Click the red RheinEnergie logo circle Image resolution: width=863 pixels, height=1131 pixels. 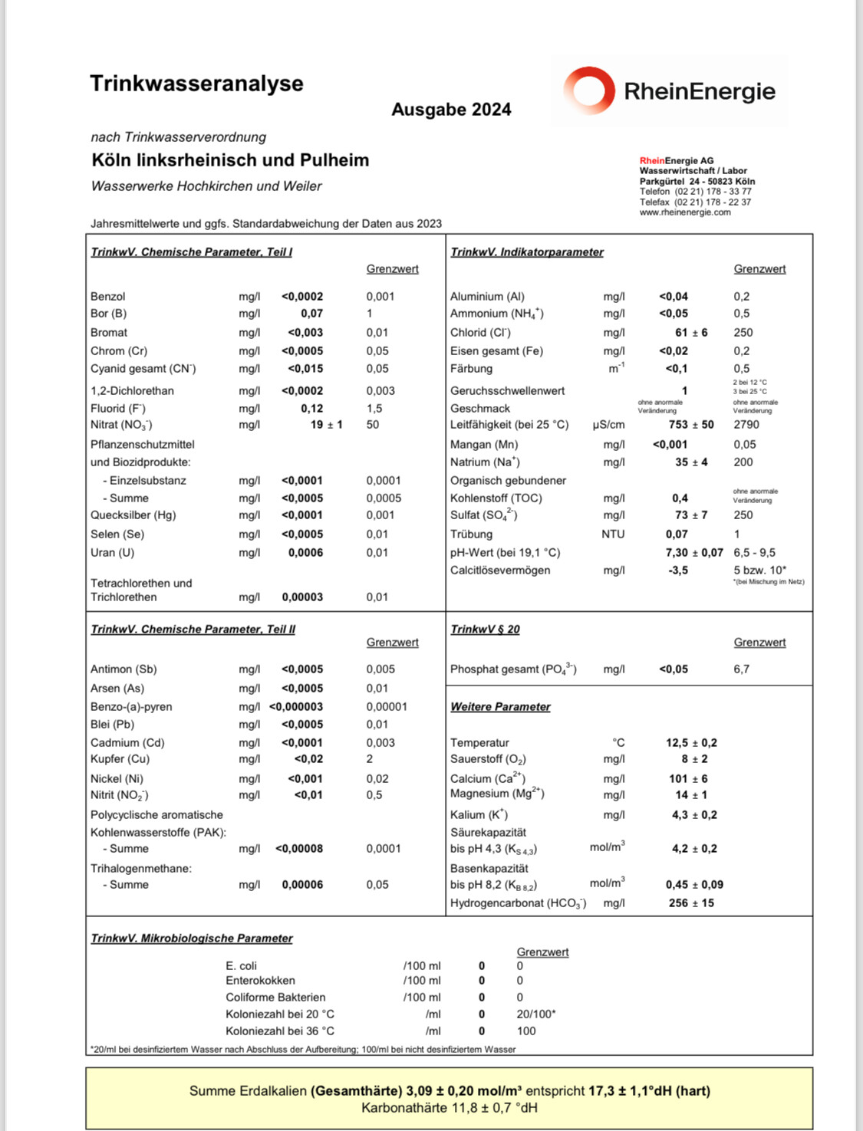click(x=589, y=90)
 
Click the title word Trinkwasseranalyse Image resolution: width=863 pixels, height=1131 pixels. click(x=196, y=84)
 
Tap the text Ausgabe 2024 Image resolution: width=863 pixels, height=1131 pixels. click(x=451, y=110)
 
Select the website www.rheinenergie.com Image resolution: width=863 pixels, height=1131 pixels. click(x=685, y=212)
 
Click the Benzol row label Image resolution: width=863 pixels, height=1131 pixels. click(x=108, y=296)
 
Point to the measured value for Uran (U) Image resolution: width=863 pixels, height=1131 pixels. click(x=305, y=552)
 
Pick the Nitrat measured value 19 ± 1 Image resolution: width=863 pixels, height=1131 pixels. click(x=326, y=424)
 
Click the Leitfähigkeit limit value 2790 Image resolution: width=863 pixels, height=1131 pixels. click(x=746, y=424)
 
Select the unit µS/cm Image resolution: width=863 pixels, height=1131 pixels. click(x=608, y=424)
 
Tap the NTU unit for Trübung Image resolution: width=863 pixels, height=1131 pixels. click(x=613, y=534)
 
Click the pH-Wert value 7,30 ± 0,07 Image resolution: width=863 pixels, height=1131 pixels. click(x=693, y=552)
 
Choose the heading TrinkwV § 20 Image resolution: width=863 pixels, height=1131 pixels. click(x=485, y=629)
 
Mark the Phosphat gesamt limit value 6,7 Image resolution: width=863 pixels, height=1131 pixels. click(x=741, y=669)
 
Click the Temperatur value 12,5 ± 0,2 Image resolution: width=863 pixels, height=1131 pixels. click(x=691, y=742)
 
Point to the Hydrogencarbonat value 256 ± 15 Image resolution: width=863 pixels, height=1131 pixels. click(x=691, y=902)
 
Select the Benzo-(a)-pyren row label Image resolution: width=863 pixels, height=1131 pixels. click(x=131, y=706)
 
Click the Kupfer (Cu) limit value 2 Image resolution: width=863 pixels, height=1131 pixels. click(x=370, y=758)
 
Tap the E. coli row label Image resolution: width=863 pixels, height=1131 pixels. click(x=241, y=965)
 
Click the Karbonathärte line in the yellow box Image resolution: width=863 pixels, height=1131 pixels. click(x=450, y=1108)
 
